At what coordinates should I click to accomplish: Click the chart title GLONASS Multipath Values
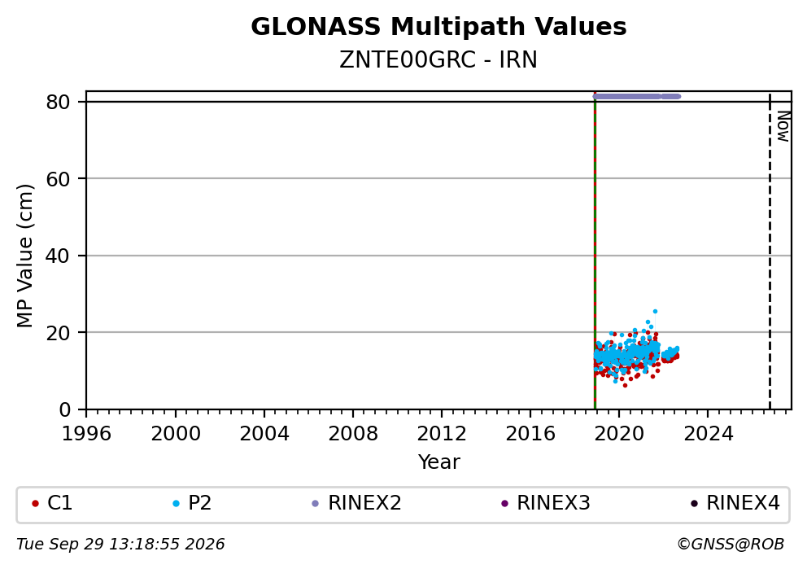[438, 27]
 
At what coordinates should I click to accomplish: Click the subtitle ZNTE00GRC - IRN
[438, 60]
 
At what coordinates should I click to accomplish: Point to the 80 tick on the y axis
[58, 102]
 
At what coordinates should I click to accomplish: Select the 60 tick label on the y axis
[58, 179]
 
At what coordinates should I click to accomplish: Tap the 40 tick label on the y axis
[58, 256]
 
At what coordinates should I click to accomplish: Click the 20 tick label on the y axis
[58, 333]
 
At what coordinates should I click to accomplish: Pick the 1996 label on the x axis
[86, 434]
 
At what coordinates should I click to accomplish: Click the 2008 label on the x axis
[353, 434]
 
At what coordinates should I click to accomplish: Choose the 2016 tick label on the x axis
[530, 434]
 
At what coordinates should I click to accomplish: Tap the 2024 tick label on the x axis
[709, 434]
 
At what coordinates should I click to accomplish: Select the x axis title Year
[439, 462]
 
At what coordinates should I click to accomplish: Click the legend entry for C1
[53, 503]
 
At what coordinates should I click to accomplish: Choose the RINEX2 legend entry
[356, 503]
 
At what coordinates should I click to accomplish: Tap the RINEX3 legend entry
[546, 503]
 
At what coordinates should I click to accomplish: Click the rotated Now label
[783, 127]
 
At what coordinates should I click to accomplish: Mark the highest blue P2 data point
[655, 312]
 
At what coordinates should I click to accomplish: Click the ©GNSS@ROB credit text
[731, 545]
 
